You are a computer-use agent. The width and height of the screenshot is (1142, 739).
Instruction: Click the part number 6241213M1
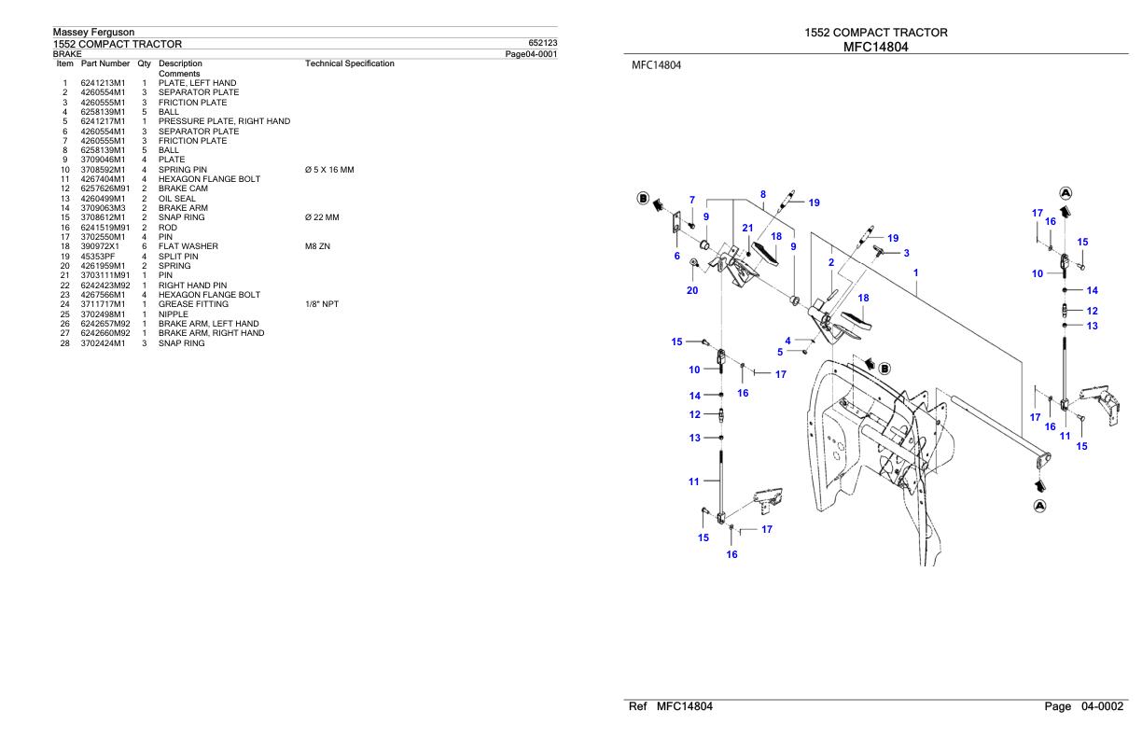(x=104, y=83)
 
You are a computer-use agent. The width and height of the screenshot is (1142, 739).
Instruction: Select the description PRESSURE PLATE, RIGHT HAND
(x=224, y=121)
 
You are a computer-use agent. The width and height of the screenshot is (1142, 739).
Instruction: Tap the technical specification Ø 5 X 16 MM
(x=323, y=170)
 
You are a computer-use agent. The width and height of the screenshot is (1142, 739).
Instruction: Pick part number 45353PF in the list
(x=99, y=256)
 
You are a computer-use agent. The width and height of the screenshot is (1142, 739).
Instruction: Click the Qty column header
(x=145, y=63)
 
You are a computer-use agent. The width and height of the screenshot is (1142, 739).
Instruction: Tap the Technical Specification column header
(x=349, y=63)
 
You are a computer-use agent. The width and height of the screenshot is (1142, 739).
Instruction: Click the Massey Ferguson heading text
(x=93, y=33)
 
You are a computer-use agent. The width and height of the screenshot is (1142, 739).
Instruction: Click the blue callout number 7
(x=691, y=200)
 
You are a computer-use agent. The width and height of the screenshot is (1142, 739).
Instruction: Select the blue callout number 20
(x=691, y=290)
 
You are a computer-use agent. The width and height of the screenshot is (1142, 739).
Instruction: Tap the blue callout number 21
(x=747, y=229)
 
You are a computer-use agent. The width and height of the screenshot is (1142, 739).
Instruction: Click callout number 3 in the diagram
(x=906, y=253)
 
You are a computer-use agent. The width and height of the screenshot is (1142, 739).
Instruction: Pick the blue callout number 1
(x=916, y=272)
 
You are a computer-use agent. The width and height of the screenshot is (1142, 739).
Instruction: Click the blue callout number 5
(x=780, y=352)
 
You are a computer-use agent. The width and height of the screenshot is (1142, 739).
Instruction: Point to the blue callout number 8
(x=763, y=195)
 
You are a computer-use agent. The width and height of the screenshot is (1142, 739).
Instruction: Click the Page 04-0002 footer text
(x=1084, y=707)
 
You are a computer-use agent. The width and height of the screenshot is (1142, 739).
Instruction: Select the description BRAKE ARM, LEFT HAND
(x=208, y=324)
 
